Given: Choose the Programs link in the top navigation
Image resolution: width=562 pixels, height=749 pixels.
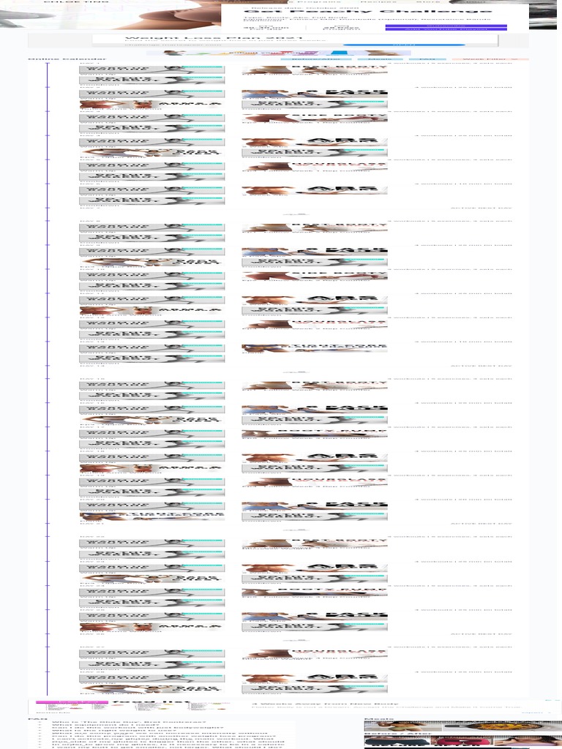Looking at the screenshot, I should (312, 2).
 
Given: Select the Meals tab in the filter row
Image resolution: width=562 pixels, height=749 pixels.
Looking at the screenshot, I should (380, 59).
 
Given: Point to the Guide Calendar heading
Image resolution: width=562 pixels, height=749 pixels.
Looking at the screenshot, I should (67, 59).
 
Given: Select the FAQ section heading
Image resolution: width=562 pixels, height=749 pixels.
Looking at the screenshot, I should (34, 719).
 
